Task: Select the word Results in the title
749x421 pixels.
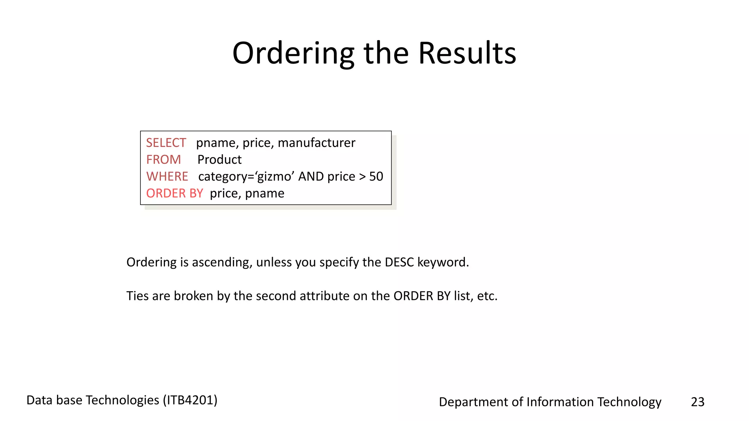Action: [467, 53]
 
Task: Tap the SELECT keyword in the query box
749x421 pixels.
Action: [166, 143]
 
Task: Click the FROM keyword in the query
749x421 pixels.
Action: [163, 160]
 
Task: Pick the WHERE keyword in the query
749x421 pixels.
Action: [167, 177]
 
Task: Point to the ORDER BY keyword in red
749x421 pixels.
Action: [174, 193]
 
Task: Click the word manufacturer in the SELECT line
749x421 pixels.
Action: [316, 143]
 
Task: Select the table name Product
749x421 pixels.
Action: [219, 160]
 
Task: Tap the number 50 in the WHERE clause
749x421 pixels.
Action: [376, 177]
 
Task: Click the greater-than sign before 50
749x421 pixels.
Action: [362, 177]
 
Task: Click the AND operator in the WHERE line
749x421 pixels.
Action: [311, 177]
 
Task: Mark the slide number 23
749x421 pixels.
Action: [697, 402]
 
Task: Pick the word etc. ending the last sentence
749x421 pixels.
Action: [487, 296]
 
